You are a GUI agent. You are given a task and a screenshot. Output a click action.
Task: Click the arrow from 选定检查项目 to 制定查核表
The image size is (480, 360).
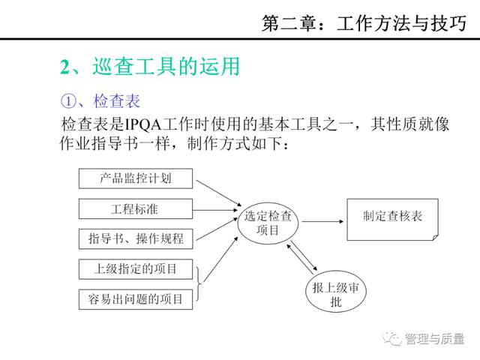(322, 221)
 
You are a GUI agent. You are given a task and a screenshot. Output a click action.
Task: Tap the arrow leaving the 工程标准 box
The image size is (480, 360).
(215, 210)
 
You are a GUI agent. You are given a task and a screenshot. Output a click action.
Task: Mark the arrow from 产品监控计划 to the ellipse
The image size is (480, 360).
(218, 193)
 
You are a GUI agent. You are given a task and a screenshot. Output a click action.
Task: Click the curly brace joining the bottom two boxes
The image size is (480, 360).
(199, 283)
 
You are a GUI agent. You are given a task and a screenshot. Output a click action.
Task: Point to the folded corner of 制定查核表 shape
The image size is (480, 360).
(436, 238)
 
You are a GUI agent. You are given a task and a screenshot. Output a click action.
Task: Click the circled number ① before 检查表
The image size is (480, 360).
(68, 101)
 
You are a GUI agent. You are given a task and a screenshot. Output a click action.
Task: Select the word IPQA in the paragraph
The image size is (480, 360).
(143, 124)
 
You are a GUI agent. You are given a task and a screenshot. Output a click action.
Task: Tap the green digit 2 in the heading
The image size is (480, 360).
(65, 67)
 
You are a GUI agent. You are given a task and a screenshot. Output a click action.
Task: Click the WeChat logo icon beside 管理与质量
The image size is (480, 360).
(391, 338)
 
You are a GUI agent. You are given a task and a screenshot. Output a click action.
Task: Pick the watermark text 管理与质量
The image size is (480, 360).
(434, 338)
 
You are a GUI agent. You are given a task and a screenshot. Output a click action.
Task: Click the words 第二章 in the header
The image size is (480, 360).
(289, 23)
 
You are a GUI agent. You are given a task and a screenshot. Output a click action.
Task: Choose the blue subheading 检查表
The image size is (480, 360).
(117, 101)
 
